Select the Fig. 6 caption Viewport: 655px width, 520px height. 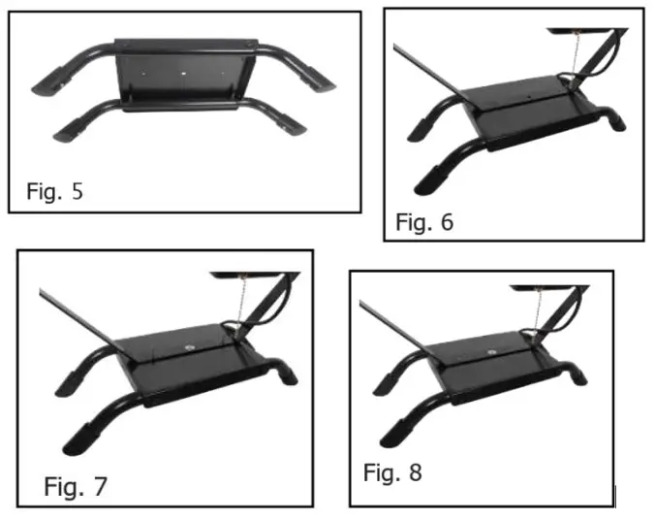click(x=424, y=222)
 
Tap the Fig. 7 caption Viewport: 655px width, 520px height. click(x=76, y=485)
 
